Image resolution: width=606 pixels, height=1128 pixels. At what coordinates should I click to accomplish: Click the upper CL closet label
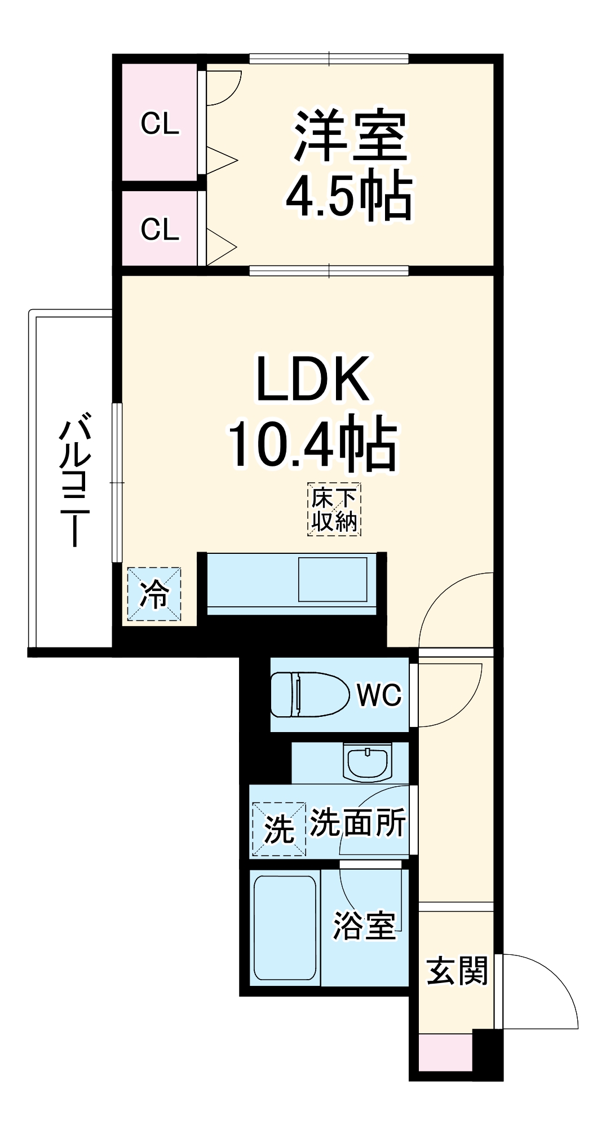[x=160, y=124]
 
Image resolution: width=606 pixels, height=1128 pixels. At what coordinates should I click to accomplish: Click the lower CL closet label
[x=160, y=230]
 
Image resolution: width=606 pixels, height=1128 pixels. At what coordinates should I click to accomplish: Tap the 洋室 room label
[x=350, y=135]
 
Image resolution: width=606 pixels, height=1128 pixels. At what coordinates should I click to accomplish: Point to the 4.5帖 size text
[x=350, y=196]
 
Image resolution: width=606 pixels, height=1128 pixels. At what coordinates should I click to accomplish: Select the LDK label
[x=313, y=380]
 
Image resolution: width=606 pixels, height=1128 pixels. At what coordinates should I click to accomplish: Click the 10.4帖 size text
[x=313, y=443]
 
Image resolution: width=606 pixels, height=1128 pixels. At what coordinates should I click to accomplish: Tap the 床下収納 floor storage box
[x=334, y=510]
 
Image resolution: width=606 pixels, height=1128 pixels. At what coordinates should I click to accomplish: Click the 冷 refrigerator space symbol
[x=154, y=594]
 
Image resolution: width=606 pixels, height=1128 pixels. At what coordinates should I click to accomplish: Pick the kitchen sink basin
[x=333, y=579]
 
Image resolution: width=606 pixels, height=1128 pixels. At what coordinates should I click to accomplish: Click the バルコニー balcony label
[x=74, y=479]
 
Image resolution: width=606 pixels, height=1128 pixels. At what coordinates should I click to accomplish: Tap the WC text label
[x=379, y=695]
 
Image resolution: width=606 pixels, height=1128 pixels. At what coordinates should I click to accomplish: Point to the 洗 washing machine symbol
[x=279, y=829]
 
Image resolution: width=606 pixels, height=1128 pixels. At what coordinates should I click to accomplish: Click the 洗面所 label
[x=358, y=823]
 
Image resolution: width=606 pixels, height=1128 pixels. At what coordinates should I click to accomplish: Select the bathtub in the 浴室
[x=285, y=928]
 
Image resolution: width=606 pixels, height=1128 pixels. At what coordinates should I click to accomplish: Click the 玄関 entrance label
[x=457, y=971]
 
